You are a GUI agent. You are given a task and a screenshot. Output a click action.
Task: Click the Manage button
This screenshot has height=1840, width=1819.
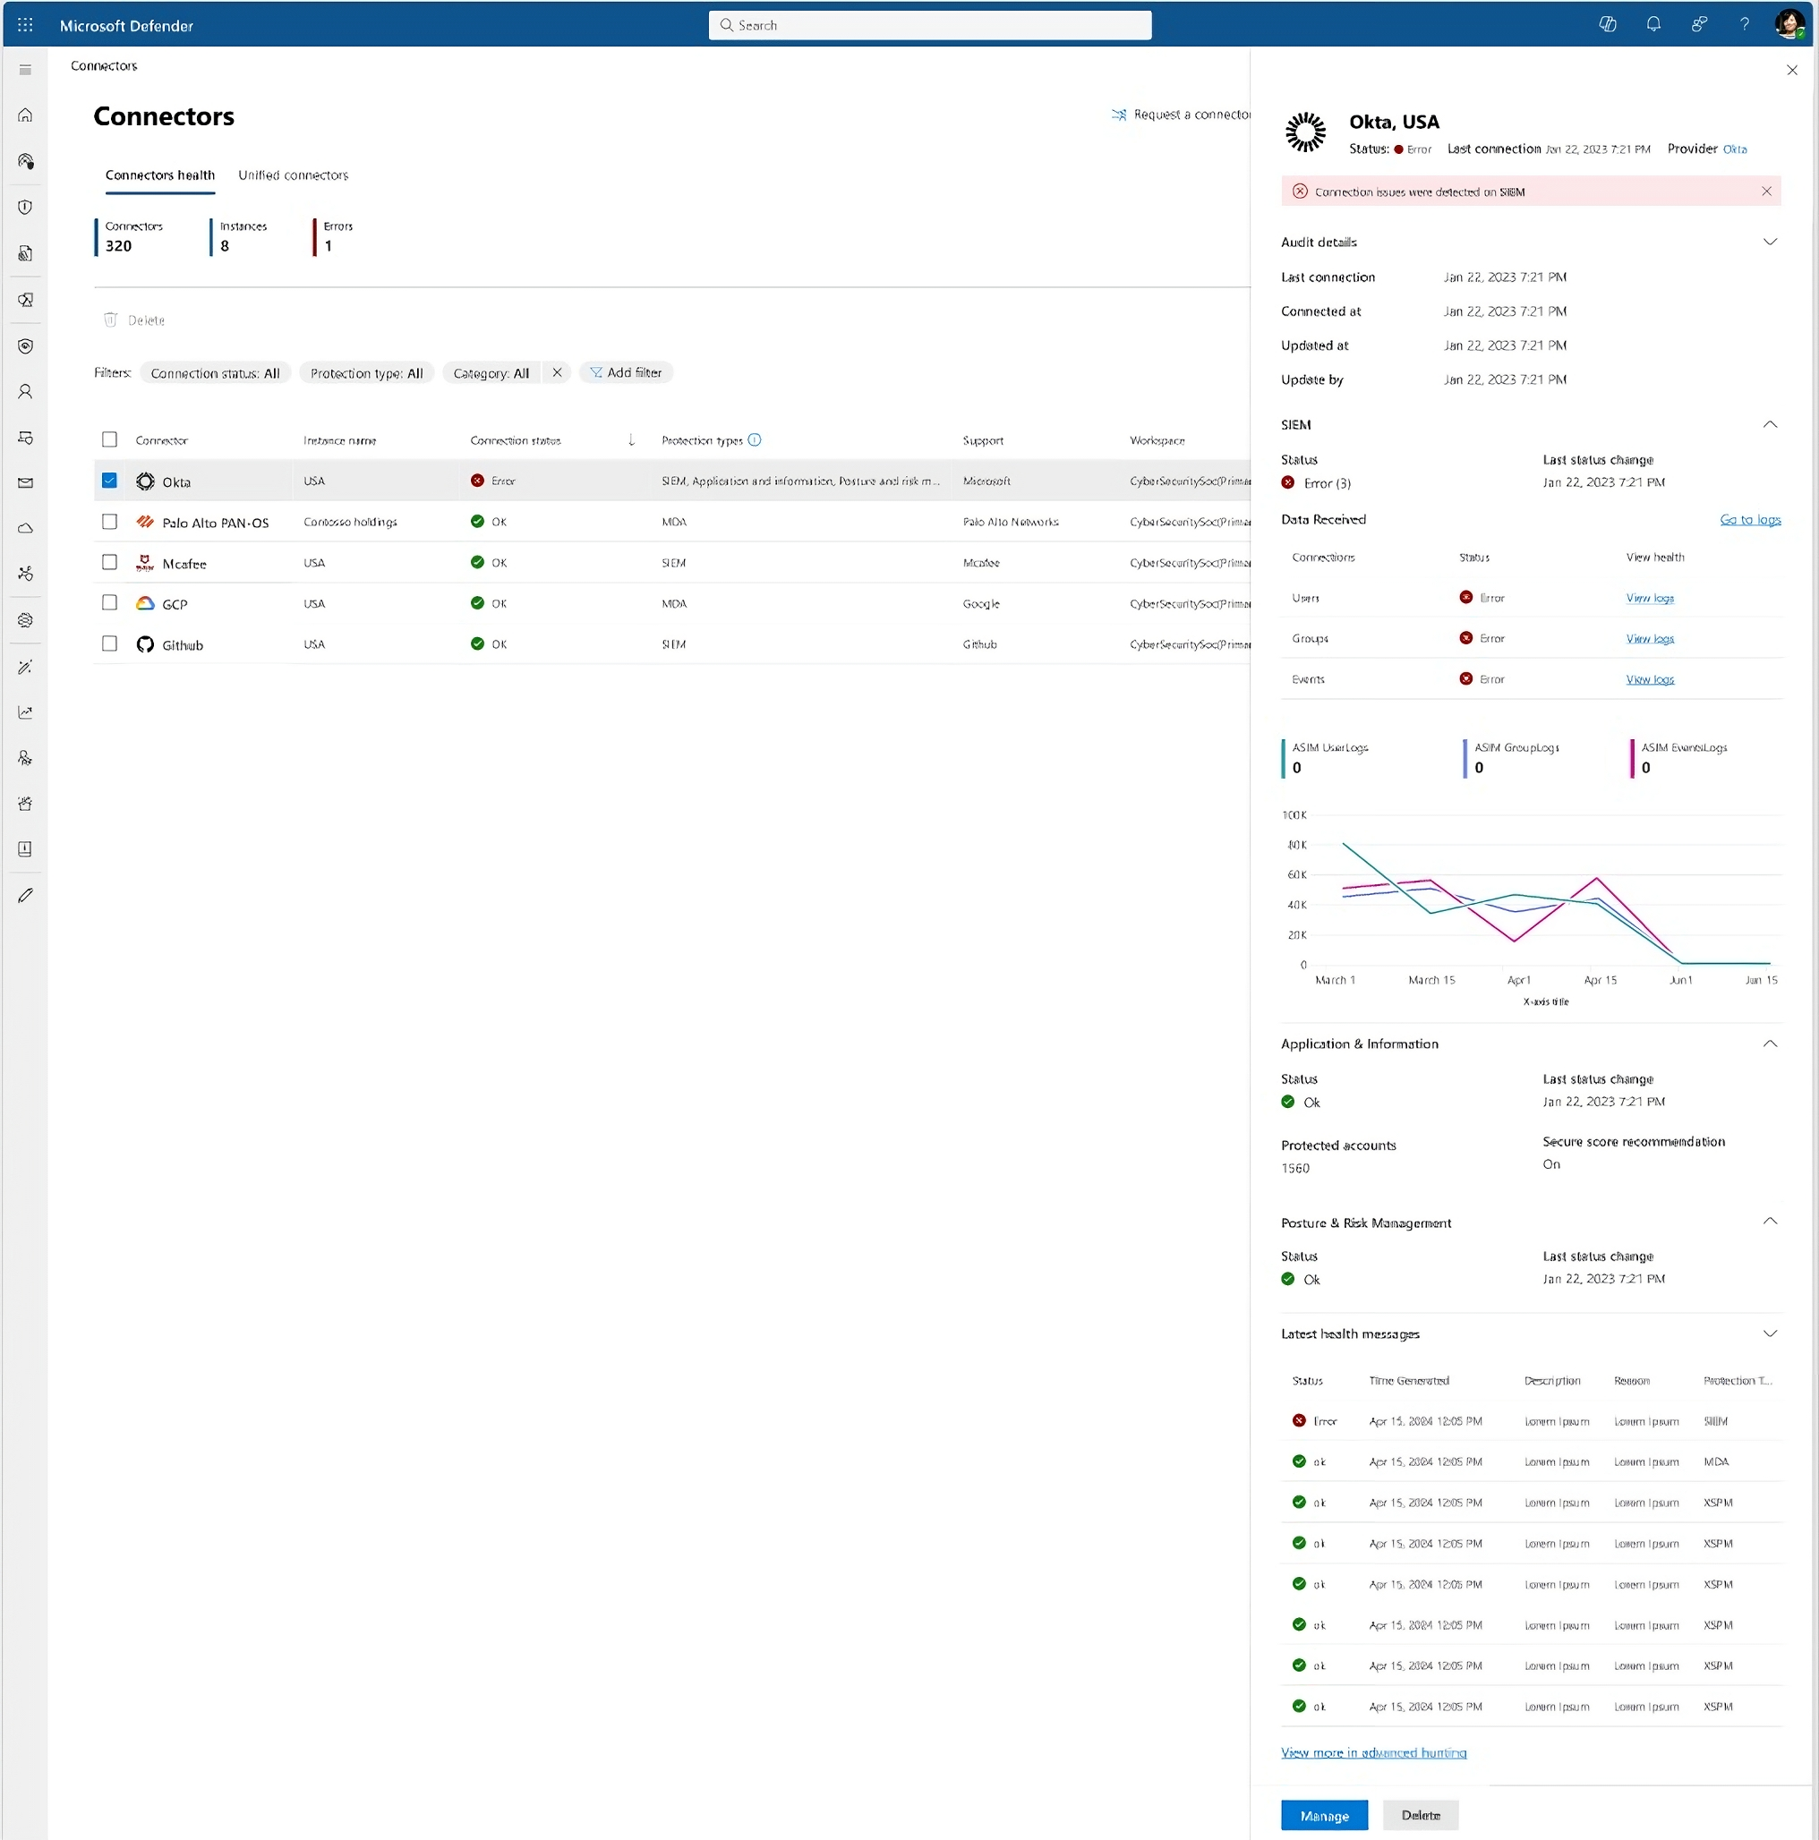(1323, 1815)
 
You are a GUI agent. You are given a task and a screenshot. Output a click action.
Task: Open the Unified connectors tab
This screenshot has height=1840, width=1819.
(293, 175)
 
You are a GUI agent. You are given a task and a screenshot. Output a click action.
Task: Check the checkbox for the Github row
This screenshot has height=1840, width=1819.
(109, 643)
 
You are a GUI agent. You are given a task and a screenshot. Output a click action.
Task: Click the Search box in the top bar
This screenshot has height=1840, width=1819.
(929, 26)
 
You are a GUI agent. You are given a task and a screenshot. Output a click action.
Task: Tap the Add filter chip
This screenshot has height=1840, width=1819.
(625, 372)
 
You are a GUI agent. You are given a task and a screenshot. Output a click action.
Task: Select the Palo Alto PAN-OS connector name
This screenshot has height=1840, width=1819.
(216, 523)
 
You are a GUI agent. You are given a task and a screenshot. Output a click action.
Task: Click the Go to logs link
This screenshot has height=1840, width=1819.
(1749, 520)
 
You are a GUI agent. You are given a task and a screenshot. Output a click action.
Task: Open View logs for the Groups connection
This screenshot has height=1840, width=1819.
(1650, 639)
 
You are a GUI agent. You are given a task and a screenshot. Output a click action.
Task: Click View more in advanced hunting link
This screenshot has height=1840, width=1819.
(1373, 1752)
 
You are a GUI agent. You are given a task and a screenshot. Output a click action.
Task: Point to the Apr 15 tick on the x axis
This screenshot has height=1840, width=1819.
(1600, 980)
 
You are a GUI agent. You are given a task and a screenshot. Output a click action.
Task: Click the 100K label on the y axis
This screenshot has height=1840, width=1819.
(1294, 815)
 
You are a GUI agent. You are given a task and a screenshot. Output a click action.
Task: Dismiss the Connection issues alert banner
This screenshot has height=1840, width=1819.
(1765, 192)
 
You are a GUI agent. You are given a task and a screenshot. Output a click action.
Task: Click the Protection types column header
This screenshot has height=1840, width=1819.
(702, 441)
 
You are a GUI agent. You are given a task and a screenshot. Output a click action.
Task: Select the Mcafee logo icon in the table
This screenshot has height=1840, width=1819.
(145, 563)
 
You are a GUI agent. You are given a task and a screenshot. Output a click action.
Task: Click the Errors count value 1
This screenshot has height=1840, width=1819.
(329, 246)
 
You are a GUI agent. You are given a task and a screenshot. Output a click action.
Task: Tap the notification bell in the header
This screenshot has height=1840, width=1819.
(1653, 25)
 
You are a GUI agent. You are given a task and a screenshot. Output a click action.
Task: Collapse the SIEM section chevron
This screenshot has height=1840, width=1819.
(1770, 425)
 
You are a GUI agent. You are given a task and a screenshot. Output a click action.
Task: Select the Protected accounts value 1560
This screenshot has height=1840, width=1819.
(1295, 1169)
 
